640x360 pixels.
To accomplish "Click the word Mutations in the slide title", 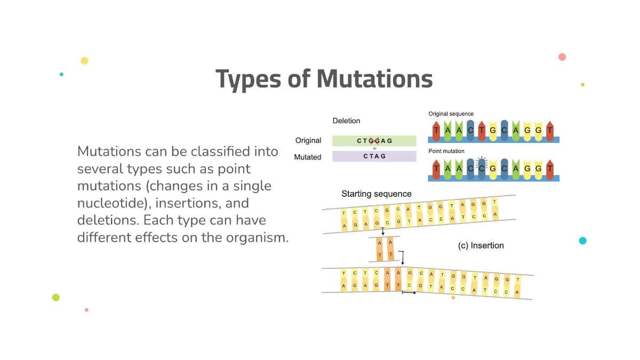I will tap(374, 79).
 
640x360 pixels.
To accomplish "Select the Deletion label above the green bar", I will tap(346, 121).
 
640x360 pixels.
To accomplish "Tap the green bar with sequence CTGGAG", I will tap(374, 141).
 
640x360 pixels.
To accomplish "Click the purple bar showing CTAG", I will tap(374, 156).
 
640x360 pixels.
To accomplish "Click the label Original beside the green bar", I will tap(308, 141).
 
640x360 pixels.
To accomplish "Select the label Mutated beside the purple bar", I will tap(308, 157).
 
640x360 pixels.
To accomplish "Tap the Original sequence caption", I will tap(451, 114).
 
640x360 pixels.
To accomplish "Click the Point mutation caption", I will tap(446, 151).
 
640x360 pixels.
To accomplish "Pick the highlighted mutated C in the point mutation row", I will tap(482, 168).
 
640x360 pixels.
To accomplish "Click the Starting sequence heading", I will tap(377, 194).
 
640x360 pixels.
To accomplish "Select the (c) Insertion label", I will tap(481, 245).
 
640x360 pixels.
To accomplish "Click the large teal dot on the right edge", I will tap(582, 241).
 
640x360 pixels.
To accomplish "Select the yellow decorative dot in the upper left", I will tap(84, 61).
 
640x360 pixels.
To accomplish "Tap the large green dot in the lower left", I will tap(56, 298).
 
